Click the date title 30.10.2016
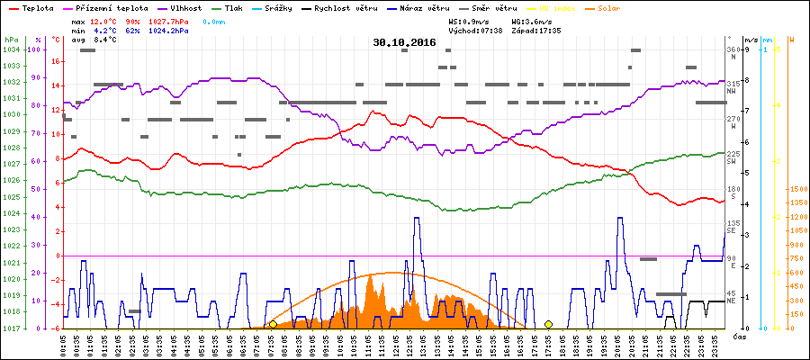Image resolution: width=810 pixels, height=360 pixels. point(404,42)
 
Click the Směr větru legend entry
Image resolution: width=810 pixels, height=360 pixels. point(493,7)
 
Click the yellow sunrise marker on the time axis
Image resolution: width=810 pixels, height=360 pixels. point(273,324)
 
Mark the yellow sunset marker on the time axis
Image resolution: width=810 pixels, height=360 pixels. point(548,324)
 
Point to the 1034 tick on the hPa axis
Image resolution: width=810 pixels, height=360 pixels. point(11,49)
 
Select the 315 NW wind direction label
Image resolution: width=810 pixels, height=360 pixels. point(733,85)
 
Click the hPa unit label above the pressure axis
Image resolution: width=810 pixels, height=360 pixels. point(11,40)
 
